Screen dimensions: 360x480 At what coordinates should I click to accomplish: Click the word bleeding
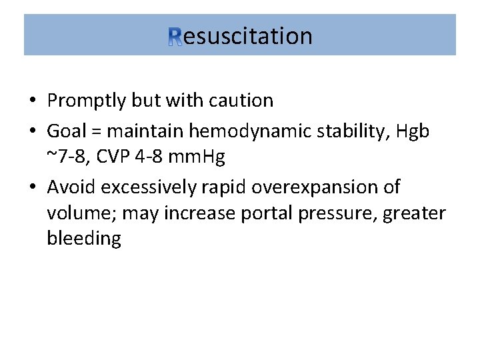point(84,239)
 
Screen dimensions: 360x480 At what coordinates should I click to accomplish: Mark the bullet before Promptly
point(32,101)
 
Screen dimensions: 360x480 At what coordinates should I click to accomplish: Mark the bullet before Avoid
point(32,187)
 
